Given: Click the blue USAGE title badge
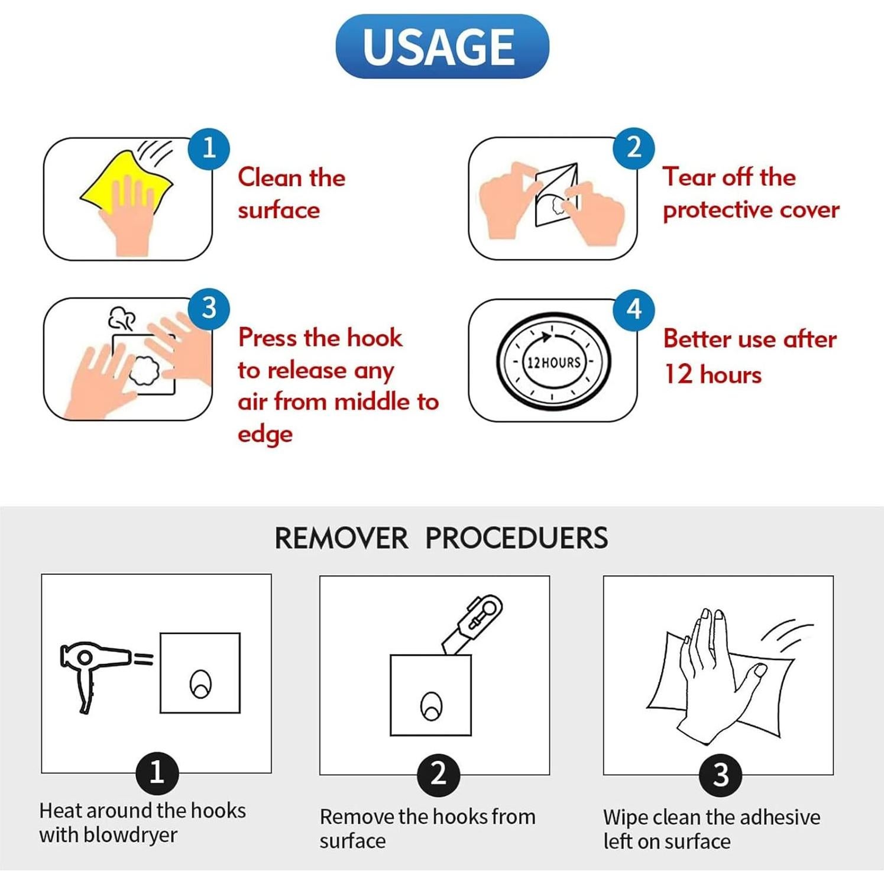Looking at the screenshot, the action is [x=442, y=46].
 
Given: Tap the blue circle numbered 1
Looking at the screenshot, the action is [x=209, y=148].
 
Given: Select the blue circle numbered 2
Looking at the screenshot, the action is [x=634, y=148].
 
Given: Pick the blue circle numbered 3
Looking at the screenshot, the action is [x=209, y=309].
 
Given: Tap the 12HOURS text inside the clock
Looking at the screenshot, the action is [x=554, y=362].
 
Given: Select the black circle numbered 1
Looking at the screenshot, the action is [x=157, y=773].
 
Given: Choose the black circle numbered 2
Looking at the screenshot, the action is [x=438, y=775].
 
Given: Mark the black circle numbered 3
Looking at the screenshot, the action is [x=721, y=775].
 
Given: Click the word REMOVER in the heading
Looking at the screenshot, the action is [x=341, y=538].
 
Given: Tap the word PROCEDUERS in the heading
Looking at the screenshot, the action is [x=517, y=538].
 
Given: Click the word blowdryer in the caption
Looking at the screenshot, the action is [x=130, y=835].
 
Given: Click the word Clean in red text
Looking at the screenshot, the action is [x=270, y=177].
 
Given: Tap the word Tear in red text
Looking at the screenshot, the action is [x=689, y=177].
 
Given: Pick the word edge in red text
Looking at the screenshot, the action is [x=265, y=434].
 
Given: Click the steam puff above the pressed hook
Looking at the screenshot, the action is [x=122, y=318].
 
